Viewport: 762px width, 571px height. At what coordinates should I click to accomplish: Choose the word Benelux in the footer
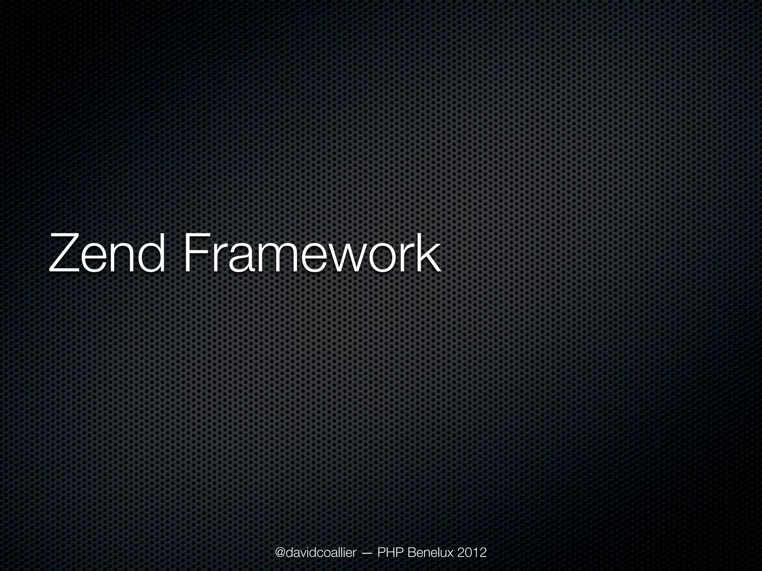[431, 542]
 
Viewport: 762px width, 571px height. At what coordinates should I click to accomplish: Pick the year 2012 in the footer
[472, 542]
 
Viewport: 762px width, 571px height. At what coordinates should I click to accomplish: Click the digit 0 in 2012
[468, 542]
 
